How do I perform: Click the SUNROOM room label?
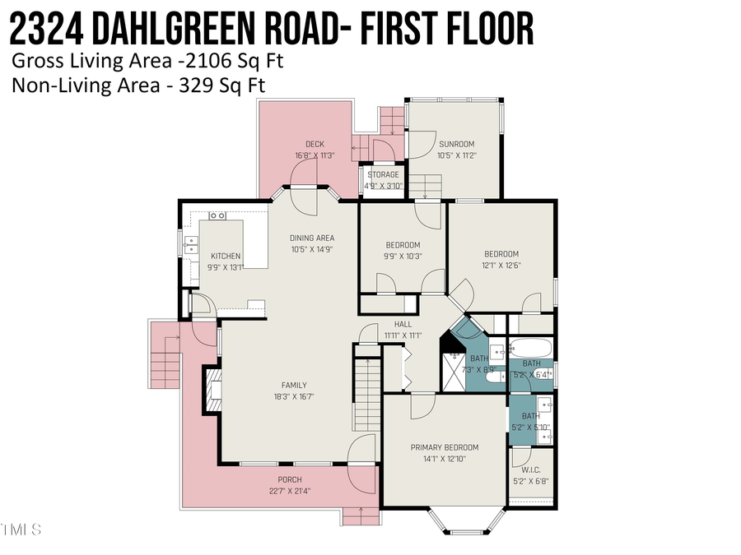point(456,144)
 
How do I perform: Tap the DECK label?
point(315,145)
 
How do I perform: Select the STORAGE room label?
point(383,174)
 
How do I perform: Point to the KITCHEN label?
point(226,257)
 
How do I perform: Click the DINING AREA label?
point(311,238)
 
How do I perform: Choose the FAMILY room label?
point(294,385)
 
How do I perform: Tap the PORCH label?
point(290,479)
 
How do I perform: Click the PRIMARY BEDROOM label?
point(445,447)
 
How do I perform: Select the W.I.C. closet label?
point(530,470)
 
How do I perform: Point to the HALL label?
point(403,325)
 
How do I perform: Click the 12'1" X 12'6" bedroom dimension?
point(501,265)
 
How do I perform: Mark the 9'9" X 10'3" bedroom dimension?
point(403,256)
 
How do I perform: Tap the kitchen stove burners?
point(217,215)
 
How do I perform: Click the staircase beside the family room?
point(367,395)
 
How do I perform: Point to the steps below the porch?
point(361,516)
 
